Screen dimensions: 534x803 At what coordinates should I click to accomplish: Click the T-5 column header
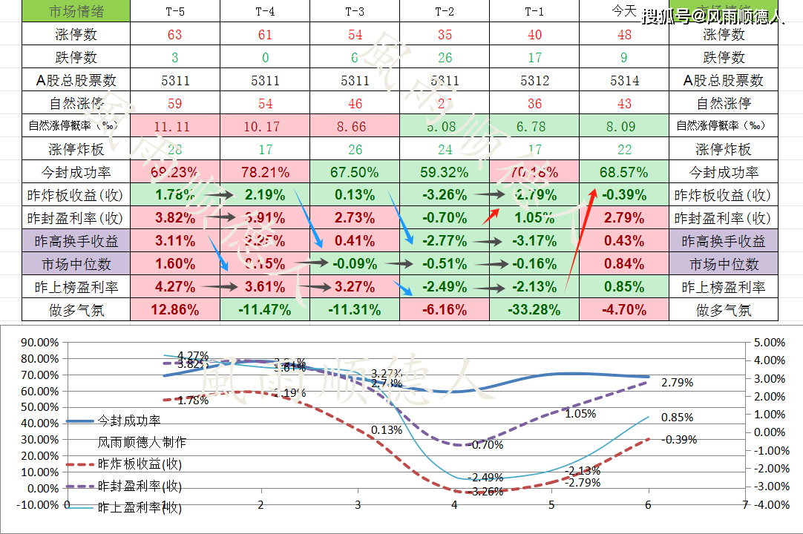click(174, 11)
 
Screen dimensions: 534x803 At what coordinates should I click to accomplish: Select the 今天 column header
click(623, 11)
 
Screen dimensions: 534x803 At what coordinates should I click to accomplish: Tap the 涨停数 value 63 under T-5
click(174, 34)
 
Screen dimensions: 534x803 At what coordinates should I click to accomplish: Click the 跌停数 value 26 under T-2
click(444, 57)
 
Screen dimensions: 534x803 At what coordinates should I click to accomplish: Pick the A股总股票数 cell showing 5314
click(623, 80)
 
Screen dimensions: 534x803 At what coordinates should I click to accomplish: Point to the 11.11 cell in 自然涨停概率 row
click(174, 126)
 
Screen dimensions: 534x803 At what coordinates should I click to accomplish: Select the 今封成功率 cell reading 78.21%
click(264, 172)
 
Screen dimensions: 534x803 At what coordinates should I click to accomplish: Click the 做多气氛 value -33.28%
click(534, 310)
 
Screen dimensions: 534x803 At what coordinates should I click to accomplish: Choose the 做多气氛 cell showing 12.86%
click(174, 310)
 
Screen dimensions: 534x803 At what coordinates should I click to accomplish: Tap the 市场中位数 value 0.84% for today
click(623, 264)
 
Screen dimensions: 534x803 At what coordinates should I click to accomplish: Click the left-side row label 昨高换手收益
click(76, 241)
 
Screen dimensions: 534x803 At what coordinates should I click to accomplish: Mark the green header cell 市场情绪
click(76, 11)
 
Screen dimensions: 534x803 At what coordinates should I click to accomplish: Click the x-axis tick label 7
click(744, 504)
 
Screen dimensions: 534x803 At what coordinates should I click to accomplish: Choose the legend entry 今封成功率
click(129, 421)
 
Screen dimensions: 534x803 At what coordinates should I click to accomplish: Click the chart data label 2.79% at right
click(677, 383)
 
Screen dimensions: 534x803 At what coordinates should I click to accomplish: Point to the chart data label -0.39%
click(679, 439)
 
